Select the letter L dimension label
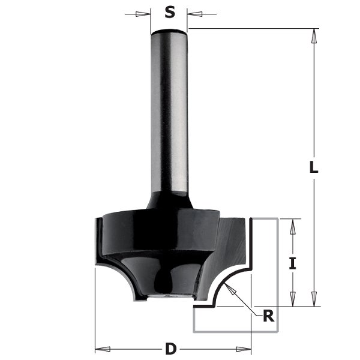coord(313,169)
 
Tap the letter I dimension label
coord(292,263)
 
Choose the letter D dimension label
coord(170,347)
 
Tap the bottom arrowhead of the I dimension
coord(292,299)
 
